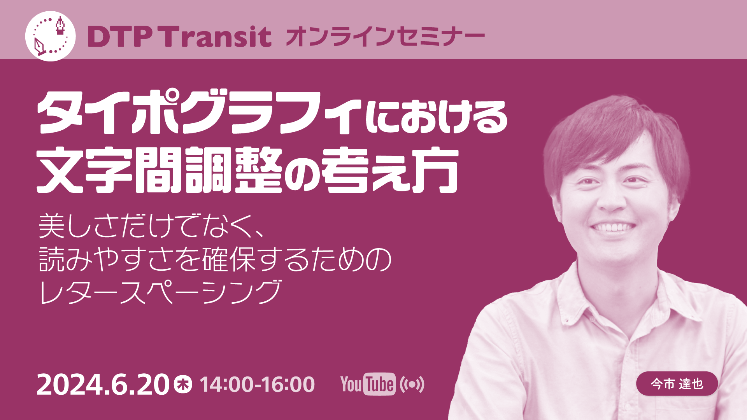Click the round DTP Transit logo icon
pos(51,36)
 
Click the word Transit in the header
pos(217,37)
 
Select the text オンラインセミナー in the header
pos(385,37)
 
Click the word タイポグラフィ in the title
pos(199,112)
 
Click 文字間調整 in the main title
pos(160,170)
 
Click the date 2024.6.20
pos(103,385)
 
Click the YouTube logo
pos(368,384)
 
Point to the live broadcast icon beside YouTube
pos(412,384)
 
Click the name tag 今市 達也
pos(677,384)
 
